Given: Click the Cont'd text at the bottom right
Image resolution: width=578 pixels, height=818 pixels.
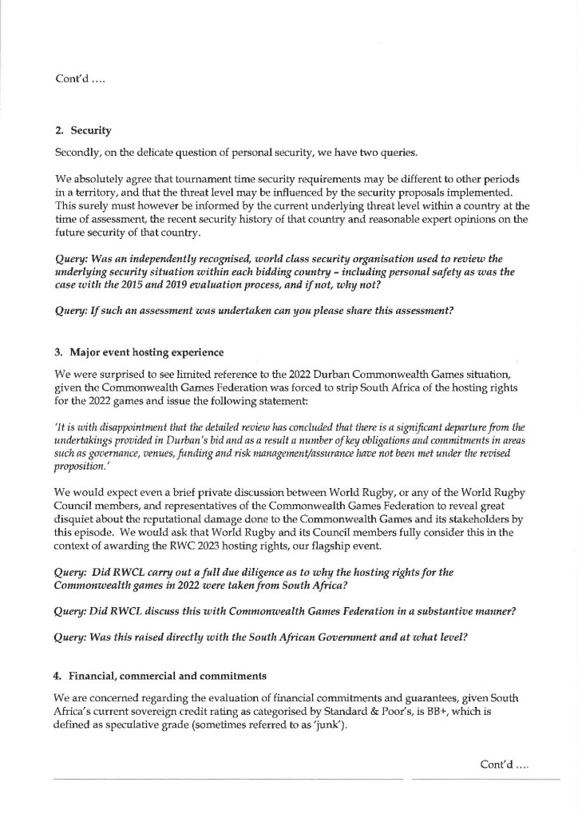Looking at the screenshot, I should [x=505, y=764].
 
